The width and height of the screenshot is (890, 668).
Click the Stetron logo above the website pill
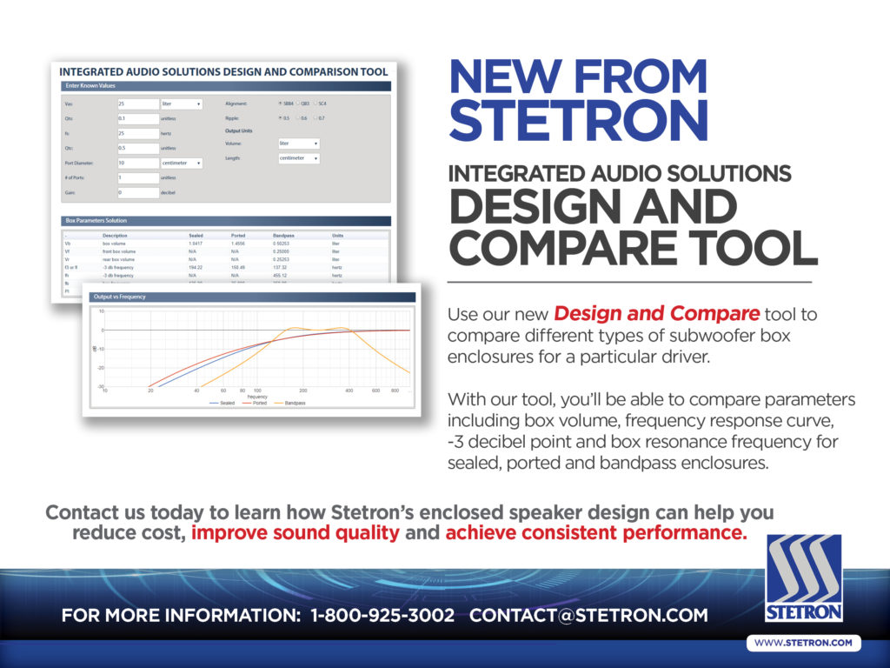804,578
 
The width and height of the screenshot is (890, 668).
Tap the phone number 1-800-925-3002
382,616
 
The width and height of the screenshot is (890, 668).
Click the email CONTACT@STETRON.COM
588,616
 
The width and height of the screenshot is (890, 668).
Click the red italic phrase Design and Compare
656,313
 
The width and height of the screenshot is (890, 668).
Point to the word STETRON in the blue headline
578,119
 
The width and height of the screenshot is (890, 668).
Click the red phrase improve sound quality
296,532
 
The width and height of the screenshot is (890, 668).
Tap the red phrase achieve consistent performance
596,532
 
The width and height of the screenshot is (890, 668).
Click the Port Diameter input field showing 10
137,163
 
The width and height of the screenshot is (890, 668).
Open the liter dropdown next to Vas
181,104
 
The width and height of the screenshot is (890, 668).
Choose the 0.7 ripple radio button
317,118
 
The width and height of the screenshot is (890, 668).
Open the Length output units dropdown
298,158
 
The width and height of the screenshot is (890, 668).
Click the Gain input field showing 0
137,192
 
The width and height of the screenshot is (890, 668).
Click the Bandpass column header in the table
284,236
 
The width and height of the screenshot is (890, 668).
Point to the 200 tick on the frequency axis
302,391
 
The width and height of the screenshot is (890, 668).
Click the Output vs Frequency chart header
120,297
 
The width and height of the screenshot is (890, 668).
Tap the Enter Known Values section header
90,86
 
